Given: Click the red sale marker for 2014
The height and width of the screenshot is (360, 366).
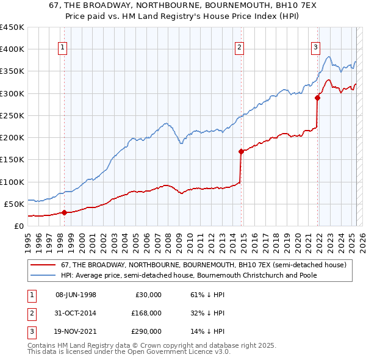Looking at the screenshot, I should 242,151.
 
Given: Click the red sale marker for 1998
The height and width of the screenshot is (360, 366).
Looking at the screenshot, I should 65,212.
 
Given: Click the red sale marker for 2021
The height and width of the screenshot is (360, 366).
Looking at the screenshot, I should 318,98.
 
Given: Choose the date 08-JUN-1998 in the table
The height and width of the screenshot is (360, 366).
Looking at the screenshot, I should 76,295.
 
